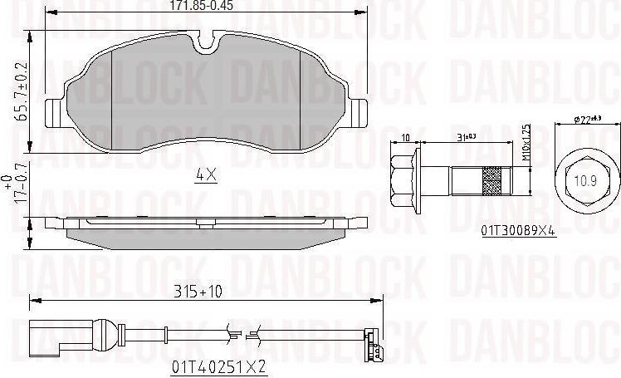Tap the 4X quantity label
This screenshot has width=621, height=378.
(205, 175)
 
